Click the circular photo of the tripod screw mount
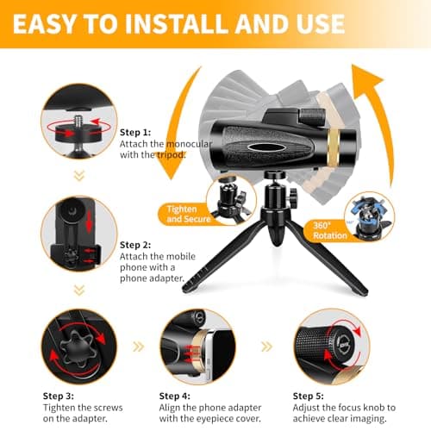[x=78, y=121]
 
